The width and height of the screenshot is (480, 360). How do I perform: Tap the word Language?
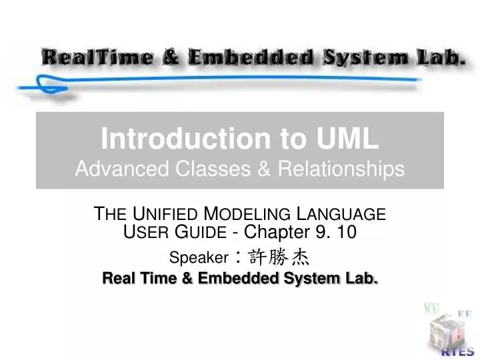[x=341, y=215]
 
